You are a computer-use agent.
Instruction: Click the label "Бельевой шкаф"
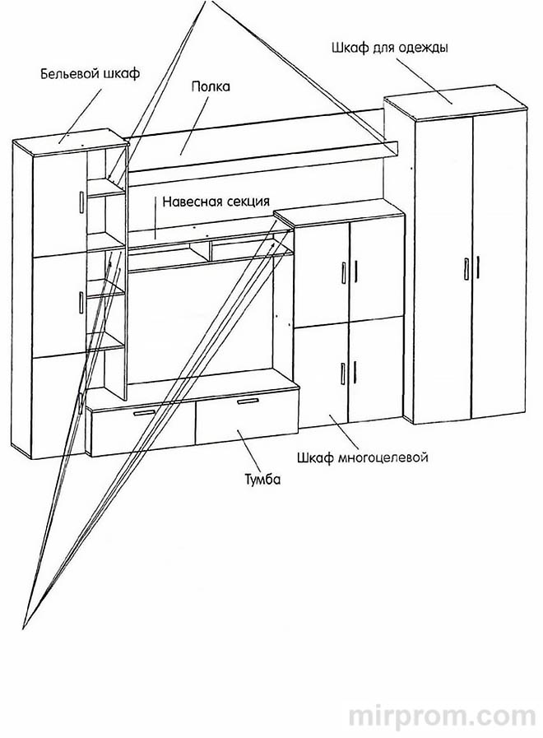click(x=90, y=74)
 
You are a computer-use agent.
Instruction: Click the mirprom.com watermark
click(x=442, y=716)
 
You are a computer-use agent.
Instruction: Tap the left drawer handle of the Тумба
click(x=145, y=412)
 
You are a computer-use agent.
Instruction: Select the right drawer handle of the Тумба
click(x=248, y=401)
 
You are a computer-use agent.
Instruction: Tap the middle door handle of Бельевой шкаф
click(x=80, y=301)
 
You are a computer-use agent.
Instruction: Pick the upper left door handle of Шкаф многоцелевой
click(x=343, y=272)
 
